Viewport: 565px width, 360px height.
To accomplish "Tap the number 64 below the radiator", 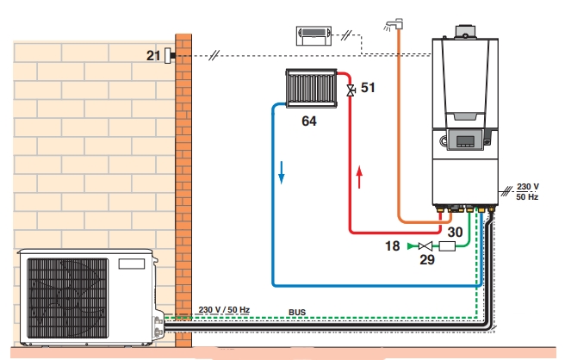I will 308,122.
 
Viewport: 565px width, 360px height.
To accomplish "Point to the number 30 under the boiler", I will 454,232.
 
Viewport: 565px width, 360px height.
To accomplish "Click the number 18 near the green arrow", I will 392,246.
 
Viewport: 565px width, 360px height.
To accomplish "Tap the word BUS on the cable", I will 297,313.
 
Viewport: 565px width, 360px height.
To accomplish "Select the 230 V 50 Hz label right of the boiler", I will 527,191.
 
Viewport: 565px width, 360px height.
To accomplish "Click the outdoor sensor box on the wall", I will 169,56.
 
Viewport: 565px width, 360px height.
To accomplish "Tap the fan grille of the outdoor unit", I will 68,296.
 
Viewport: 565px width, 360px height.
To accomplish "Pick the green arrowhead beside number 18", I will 410,247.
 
